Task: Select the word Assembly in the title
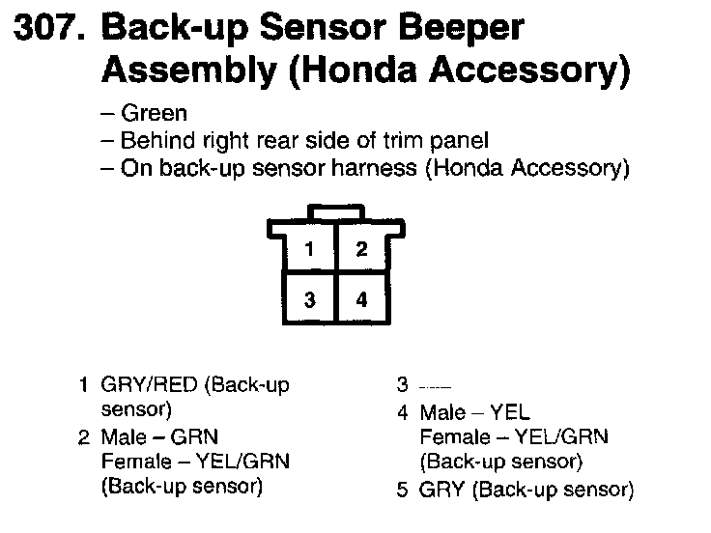coord(168,70)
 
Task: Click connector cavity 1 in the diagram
coord(308,249)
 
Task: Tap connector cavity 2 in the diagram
coord(361,249)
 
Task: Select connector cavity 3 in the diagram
coord(308,299)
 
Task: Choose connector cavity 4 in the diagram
coord(361,299)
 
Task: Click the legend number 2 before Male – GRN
coord(85,436)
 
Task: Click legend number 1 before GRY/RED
coord(85,385)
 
